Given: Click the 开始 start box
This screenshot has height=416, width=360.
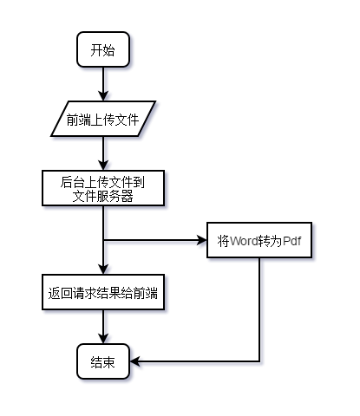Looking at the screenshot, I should tap(103, 50).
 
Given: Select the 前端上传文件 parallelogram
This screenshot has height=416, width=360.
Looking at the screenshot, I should tap(103, 120).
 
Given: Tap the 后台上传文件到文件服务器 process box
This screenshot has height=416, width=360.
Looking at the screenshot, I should tap(103, 189).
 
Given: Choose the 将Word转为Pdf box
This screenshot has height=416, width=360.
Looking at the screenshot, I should tap(259, 241).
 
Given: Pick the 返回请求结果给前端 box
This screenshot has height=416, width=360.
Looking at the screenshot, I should tap(103, 293).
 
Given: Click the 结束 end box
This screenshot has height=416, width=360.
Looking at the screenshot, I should tap(103, 361).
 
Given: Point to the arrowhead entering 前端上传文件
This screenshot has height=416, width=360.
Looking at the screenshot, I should tap(103, 97).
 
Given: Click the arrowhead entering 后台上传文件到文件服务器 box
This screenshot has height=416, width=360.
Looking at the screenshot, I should tap(103, 166).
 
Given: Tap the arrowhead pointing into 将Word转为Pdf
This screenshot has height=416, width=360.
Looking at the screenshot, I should tap(202, 241).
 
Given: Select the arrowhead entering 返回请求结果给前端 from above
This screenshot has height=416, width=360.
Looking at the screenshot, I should tap(103, 270).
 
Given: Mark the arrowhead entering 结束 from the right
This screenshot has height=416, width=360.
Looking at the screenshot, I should tap(134, 361).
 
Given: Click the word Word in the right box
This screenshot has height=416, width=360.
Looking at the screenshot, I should tap(245, 241).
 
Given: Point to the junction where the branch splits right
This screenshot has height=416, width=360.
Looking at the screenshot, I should tap(103, 241).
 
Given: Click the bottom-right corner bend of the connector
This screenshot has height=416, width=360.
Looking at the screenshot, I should tap(259, 361).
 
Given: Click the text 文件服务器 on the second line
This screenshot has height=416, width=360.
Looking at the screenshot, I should tap(103, 196).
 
